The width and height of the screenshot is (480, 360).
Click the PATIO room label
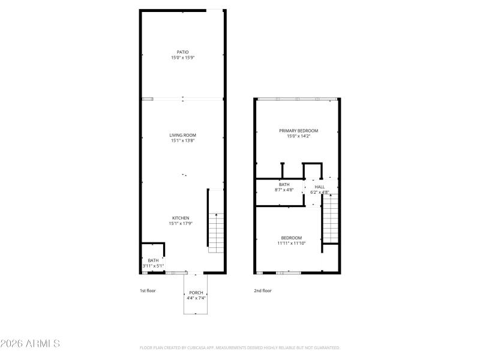coord(182,52)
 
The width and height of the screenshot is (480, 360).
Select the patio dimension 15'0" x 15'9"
coord(182,58)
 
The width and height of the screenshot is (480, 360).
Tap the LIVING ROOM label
coord(182,135)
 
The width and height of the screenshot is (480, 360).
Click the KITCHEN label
coord(181,218)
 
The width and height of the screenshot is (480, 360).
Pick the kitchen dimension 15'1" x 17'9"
coord(181,223)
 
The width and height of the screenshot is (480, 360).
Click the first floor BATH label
coord(153,260)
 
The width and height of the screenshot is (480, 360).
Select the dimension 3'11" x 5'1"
coord(153,265)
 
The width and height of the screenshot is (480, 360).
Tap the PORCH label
coord(196,292)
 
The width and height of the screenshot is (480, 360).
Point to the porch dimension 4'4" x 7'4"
coord(196,298)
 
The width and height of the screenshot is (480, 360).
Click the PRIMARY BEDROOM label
coord(298,130)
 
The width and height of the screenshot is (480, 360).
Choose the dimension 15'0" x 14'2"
coord(298,136)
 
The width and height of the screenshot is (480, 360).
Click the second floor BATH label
coord(284,184)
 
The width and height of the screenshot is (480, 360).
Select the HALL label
coord(319,187)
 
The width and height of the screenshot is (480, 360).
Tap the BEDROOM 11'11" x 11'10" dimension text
coord(292,243)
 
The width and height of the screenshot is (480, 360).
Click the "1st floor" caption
coord(148,290)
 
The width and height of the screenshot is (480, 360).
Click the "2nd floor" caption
coord(263,290)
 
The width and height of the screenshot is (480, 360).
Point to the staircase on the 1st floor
coord(216,233)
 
